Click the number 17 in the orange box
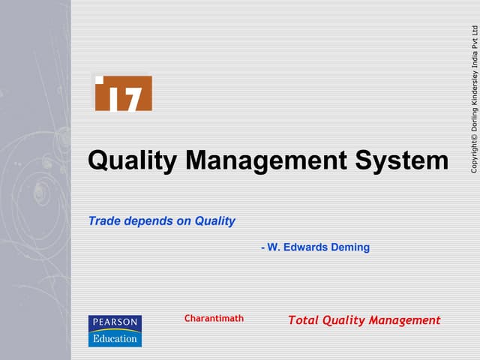coord(124,98)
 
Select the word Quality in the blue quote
coord(214,221)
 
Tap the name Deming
coord(349,247)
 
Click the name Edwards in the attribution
coord(306,247)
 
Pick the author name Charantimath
coord(214,319)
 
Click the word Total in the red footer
coord(304,320)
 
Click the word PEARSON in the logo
coord(115,322)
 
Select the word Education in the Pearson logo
coord(115,337)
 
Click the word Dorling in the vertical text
coord(474,120)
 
